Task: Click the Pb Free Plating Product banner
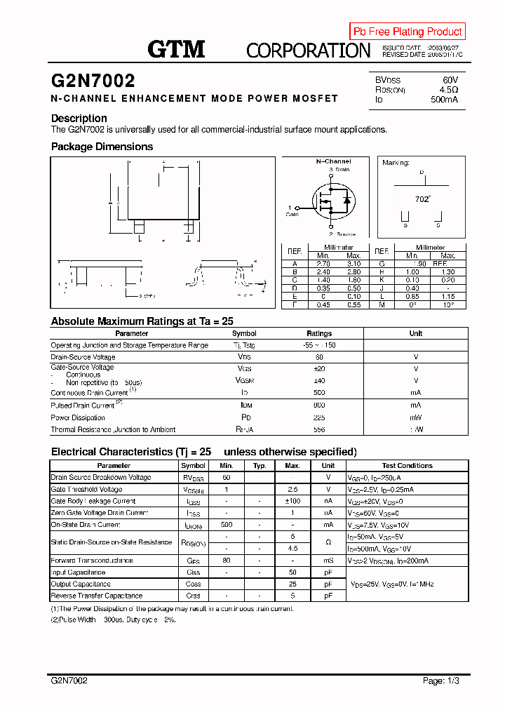408,32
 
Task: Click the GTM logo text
176,48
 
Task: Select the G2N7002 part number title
93,81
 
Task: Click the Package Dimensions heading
102,147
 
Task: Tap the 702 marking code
422,199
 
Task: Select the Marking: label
396,163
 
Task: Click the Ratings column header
319,334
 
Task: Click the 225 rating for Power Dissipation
319,417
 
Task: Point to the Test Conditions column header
407,466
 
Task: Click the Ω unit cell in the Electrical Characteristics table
328,542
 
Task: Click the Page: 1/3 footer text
443,681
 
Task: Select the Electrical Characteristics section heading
203,452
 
